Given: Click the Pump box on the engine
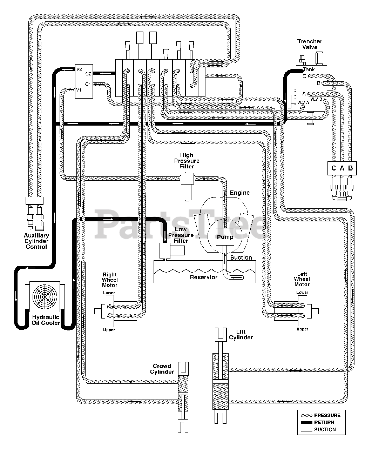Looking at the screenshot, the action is [x=225, y=236].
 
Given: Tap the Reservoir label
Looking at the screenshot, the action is [x=203, y=277].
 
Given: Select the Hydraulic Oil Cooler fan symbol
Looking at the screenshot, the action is [x=45, y=297].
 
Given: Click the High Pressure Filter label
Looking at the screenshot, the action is [x=187, y=161].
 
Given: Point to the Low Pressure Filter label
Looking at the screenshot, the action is [x=181, y=235].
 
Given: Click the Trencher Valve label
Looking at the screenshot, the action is [x=310, y=44].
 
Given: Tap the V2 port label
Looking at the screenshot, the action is [x=79, y=69].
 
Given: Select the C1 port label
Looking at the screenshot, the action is [x=88, y=84].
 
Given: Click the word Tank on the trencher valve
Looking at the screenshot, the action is [x=309, y=69].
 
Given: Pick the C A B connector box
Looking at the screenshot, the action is [x=342, y=168].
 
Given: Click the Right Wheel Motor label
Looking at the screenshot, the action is [x=110, y=280].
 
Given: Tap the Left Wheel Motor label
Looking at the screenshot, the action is [x=302, y=279].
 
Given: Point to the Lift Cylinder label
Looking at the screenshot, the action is [x=241, y=335].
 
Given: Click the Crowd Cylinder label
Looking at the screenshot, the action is [x=162, y=369].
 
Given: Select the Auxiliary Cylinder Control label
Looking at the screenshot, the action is [x=36, y=241].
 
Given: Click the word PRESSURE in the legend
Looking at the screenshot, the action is [x=327, y=415].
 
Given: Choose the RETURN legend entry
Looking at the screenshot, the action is [x=318, y=423].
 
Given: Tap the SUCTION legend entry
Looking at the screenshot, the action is [x=318, y=430].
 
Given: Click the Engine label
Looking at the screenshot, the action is [x=240, y=193].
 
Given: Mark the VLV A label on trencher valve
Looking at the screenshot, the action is [x=303, y=102].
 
